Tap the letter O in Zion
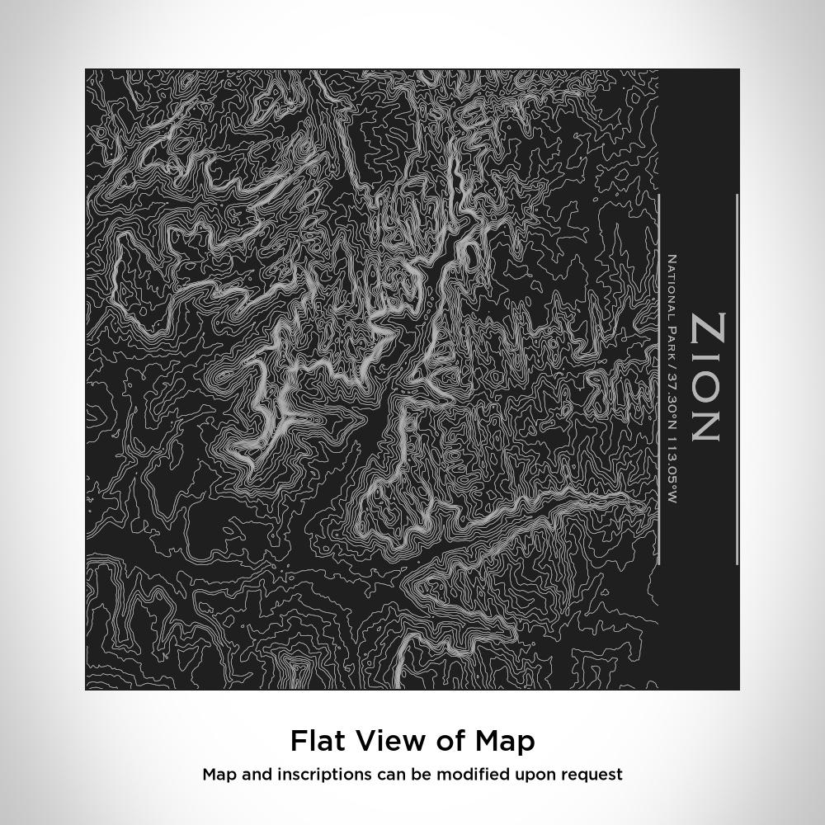click(x=708, y=388)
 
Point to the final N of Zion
click(x=708, y=425)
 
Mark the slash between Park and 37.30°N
click(x=672, y=365)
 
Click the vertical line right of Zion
click(x=737, y=379)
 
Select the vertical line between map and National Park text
click(x=659, y=379)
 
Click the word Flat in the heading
click(x=318, y=741)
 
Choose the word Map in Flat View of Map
click(x=505, y=741)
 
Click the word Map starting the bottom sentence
click(x=219, y=775)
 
